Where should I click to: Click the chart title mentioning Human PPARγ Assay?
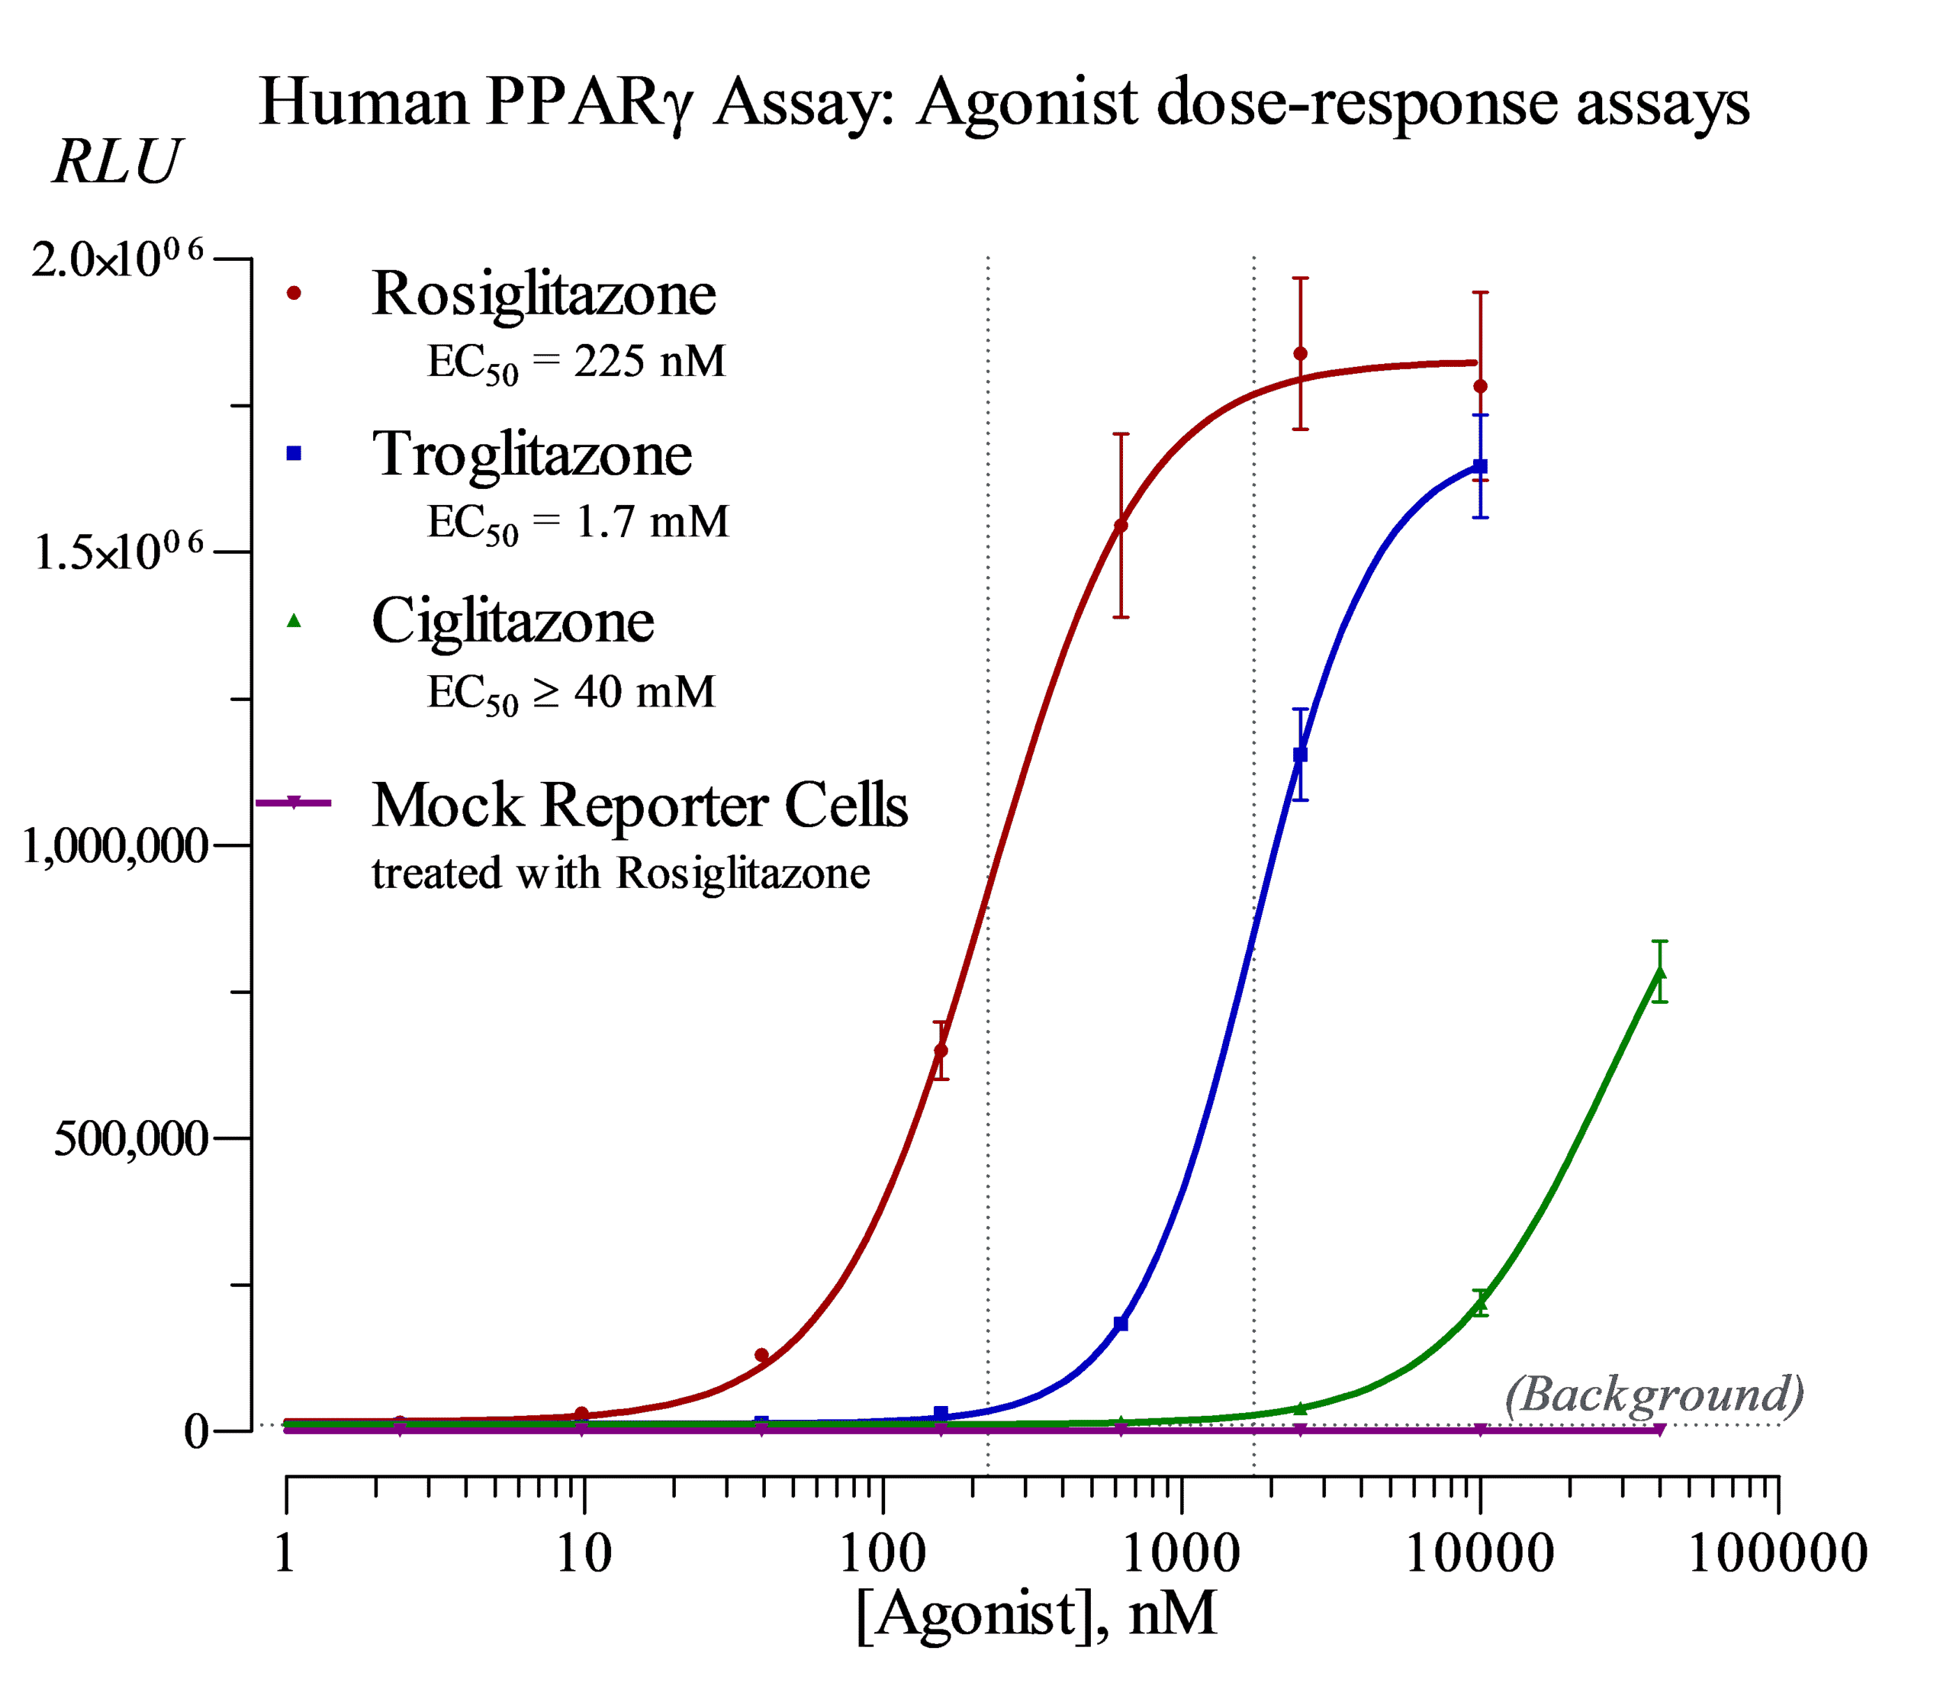tap(1003, 102)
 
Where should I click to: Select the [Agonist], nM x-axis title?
tap(1035, 1613)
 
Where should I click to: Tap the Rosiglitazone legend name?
tap(543, 293)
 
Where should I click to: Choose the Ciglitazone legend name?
tap(513, 621)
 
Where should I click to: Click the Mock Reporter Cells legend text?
tap(640, 806)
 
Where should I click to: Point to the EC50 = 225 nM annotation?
tap(575, 363)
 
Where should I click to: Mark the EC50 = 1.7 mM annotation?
tap(578, 523)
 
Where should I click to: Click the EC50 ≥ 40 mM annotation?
tap(571, 693)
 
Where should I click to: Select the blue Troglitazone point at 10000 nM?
tap(1480, 466)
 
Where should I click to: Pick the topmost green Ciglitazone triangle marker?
tap(1659, 973)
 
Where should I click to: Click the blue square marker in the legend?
tap(294, 454)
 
